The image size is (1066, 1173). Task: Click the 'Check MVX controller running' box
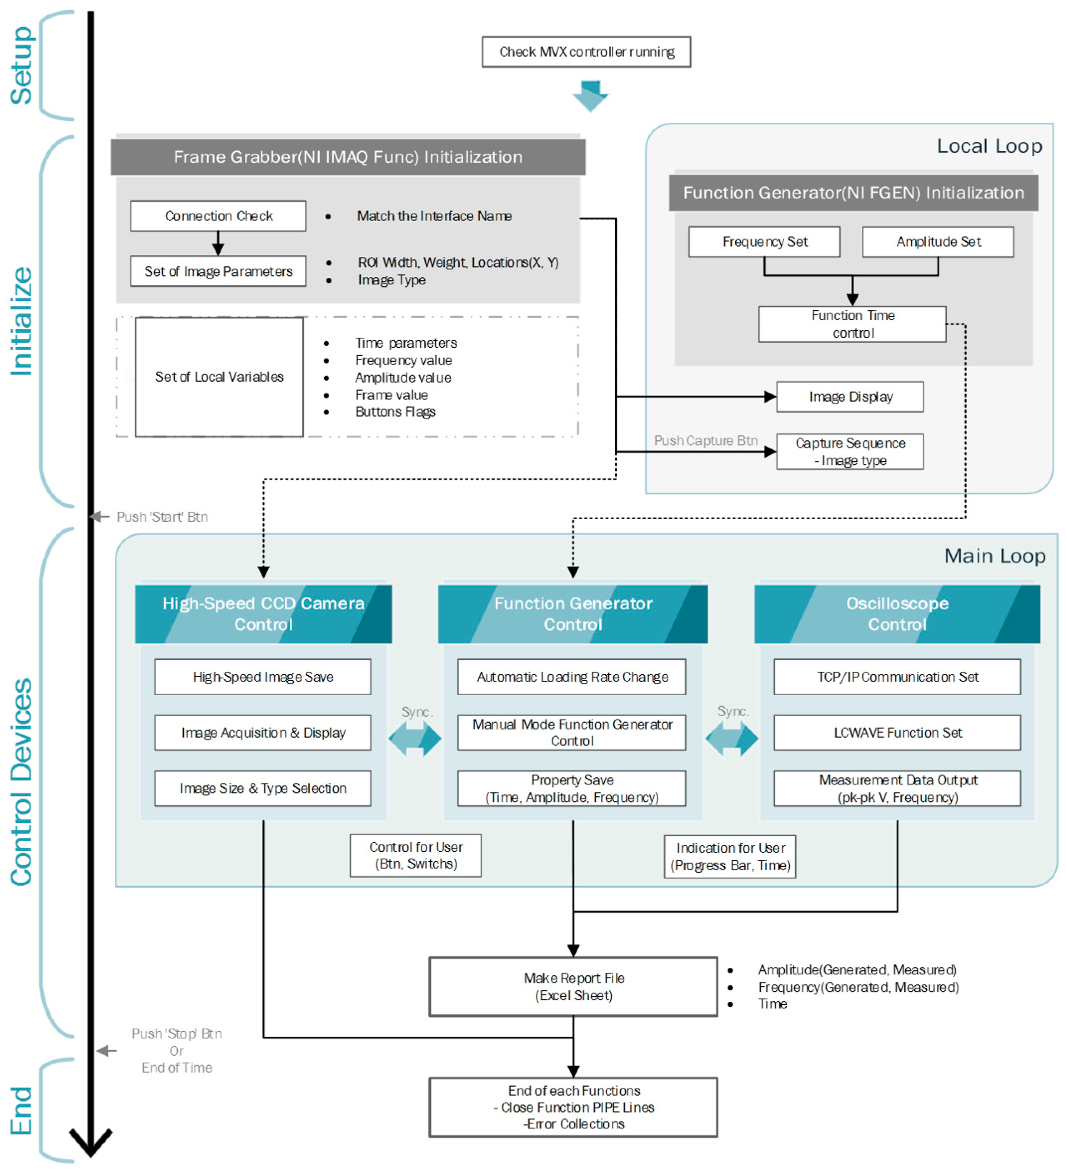click(586, 52)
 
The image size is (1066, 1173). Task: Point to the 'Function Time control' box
click(852, 324)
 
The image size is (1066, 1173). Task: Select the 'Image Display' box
click(850, 397)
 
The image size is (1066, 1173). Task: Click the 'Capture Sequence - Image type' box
click(850, 452)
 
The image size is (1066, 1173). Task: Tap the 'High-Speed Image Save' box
click(263, 677)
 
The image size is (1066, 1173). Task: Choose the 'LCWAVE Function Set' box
click(897, 733)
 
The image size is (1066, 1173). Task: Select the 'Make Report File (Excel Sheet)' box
click(573, 987)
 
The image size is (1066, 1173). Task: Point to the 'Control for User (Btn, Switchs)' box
click(416, 855)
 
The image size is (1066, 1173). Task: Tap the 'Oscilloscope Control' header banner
click(897, 614)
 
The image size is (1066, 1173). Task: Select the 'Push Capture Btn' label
click(706, 440)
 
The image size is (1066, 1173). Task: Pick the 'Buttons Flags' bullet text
click(395, 412)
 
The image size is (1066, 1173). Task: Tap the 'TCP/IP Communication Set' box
click(897, 677)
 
